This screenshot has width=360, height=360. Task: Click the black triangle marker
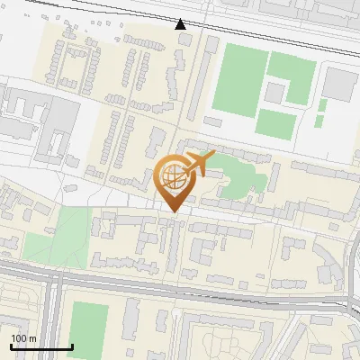click(x=181, y=24)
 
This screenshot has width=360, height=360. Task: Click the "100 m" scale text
click(x=24, y=338)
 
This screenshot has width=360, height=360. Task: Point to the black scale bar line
click(x=41, y=346)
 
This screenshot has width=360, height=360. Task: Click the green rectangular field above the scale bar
click(x=89, y=328)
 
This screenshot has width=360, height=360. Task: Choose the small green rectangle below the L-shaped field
click(x=321, y=119)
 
